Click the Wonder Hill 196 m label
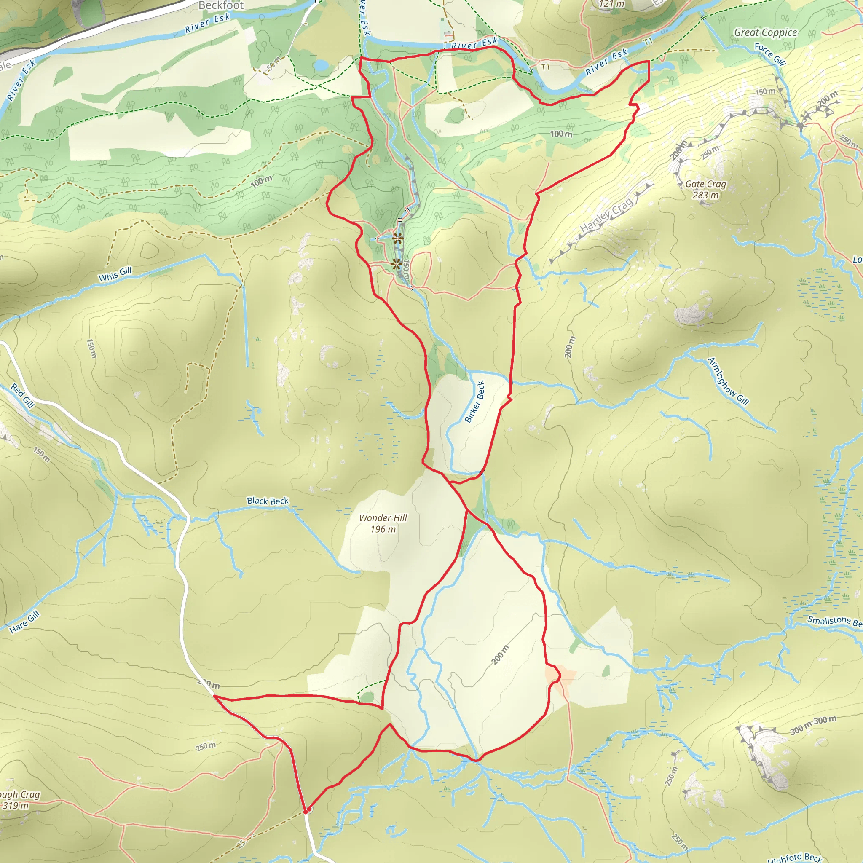pyautogui.click(x=383, y=523)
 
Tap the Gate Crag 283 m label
pyautogui.click(x=705, y=189)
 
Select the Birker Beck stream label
pyautogui.click(x=474, y=402)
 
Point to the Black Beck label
pyautogui.click(x=268, y=501)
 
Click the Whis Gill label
pyautogui.click(x=115, y=274)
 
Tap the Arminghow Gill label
pyautogui.click(x=728, y=381)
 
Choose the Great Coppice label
pyautogui.click(x=765, y=32)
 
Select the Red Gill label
pyautogui.click(x=23, y=395)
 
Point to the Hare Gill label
pyautogui.click(x=24, y=622)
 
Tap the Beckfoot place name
pyautogui.click(x=221, y=5)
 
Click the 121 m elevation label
pyautogui.click(x=611, y=4)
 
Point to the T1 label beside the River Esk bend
pyautogui.click(x=545, y=67)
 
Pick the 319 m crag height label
pyautogui.click(x=16, y=806)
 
